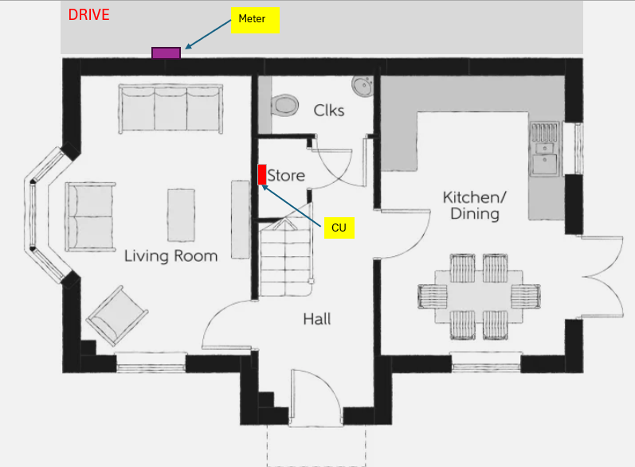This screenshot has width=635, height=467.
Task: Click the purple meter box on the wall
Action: [166, 53]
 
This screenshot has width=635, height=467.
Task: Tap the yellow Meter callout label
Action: [255, 20]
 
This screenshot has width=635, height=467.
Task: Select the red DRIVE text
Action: [88, 14]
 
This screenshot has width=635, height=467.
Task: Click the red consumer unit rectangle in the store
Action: [262, 174]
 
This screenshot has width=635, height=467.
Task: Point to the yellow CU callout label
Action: [339, 228]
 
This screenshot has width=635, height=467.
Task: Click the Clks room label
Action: [329, 111]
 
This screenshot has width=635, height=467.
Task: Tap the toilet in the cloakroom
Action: [284, 106]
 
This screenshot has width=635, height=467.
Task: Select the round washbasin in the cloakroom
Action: [363, 86]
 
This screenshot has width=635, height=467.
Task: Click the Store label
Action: [286, 176]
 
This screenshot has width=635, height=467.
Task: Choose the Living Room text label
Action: [171, 256]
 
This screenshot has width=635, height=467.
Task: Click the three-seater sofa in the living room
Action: [171, 108]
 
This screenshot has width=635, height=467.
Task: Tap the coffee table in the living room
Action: [181, 215]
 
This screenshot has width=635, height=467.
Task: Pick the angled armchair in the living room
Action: [116, 316]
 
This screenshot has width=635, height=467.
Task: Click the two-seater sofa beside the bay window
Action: [90, 216]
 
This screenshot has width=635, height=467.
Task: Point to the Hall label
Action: [316, 319]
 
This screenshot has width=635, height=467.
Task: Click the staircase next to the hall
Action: [286, 256]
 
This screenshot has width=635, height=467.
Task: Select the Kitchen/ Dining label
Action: [475, 206]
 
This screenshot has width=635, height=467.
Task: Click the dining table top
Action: [479, 297]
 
